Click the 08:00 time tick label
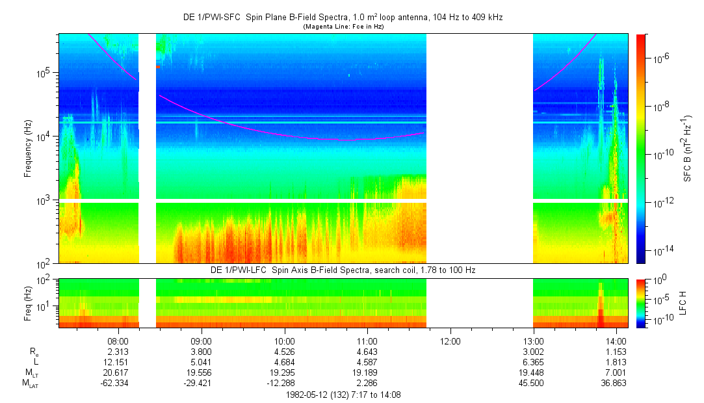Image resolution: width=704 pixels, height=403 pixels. [x=118, y=340]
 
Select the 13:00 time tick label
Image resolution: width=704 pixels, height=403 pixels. [x=533, y=340]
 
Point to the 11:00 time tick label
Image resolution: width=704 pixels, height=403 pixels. [x=367, y=340]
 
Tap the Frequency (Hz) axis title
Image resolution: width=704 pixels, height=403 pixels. [x=29, y=149]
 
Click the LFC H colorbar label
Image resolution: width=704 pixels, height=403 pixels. [x=683, y=302]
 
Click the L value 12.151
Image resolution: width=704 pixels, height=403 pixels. [x=118, y=362]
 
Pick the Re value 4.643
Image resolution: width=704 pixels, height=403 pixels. [x=367, y=351]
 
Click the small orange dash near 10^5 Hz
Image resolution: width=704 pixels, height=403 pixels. [x=157, y=67]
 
